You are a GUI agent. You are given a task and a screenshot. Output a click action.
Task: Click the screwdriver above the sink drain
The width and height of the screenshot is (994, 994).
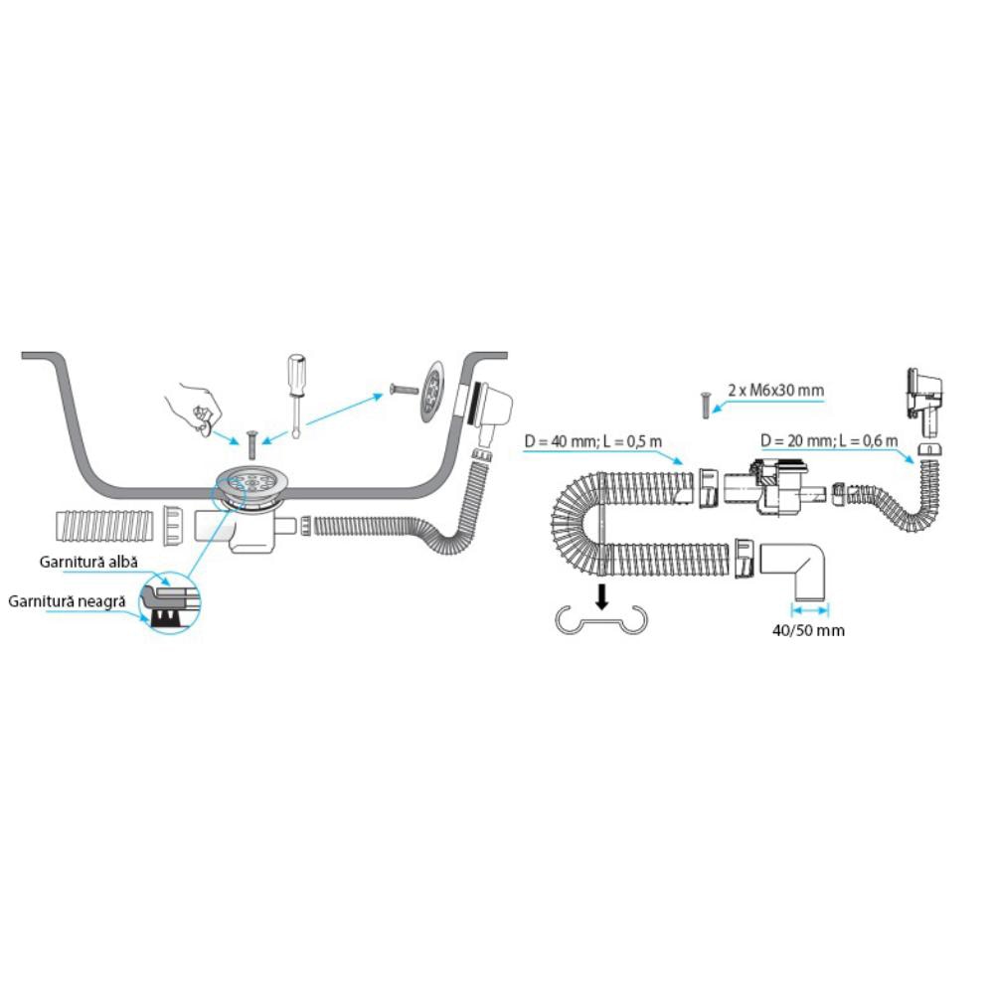coord(295,388)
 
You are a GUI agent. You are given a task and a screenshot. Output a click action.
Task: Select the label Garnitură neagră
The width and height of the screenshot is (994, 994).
coord(67,601)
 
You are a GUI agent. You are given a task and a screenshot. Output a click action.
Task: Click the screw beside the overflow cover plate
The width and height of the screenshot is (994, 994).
coord(402,388)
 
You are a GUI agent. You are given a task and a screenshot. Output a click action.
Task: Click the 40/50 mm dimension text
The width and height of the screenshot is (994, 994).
coord(808,630)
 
